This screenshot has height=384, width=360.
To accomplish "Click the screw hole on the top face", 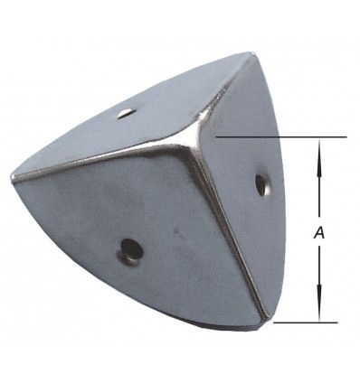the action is pos(126,114).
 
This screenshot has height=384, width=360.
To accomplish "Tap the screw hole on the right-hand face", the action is pos(261,184).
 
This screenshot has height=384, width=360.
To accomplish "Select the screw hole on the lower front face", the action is pos(131,250).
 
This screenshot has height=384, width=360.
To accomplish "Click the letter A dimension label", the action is pos(319,233).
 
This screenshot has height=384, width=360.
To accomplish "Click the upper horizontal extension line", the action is pos(281,137).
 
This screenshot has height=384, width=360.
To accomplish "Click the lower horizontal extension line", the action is pos(305,323).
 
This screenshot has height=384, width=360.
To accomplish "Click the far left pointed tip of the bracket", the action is pos(13,179).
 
